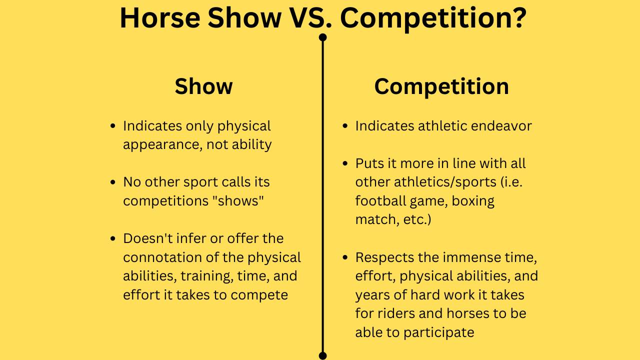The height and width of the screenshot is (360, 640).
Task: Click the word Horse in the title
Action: pyautogui.click(x=160, y=18)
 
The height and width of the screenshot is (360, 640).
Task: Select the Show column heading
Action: pyautogui.click(x=203, y=86)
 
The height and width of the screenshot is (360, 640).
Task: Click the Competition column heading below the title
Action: pyautogui.click(x=441, y=86)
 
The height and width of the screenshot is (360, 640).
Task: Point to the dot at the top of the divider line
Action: pyautogui.click(x=322, y=37)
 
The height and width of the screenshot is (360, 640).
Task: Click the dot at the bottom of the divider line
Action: pyautogui.click(x=322, y=355)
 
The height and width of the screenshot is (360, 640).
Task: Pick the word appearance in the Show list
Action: pyautogui.click(x=162, y=145)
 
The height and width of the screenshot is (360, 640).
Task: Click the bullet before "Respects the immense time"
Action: pyautogui.click(x=345, y=257)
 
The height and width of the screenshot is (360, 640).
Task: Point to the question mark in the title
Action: pyautogui.click(x=518, y=18)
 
